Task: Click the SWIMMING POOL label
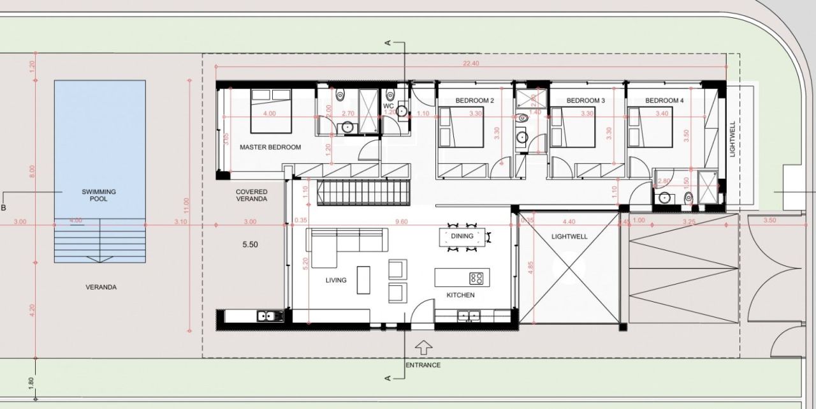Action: (99, 195)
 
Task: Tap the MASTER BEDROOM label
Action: (270, 147)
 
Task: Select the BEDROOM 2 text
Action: (475, 101)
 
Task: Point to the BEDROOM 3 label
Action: (585, 101)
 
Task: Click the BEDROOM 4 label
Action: (664, 101)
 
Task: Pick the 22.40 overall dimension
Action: (471, 63)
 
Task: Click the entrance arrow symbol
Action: (423, 348)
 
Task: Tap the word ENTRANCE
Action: (423, 365)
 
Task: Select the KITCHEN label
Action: (460, 295)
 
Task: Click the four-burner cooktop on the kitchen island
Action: (476, 278)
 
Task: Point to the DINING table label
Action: (462, 236)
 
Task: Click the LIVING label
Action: (336, 279)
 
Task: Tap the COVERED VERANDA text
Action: (251, 195)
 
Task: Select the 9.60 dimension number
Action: (401, 221)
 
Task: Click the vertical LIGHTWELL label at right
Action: (732, 139)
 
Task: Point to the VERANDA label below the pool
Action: (101, 287)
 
